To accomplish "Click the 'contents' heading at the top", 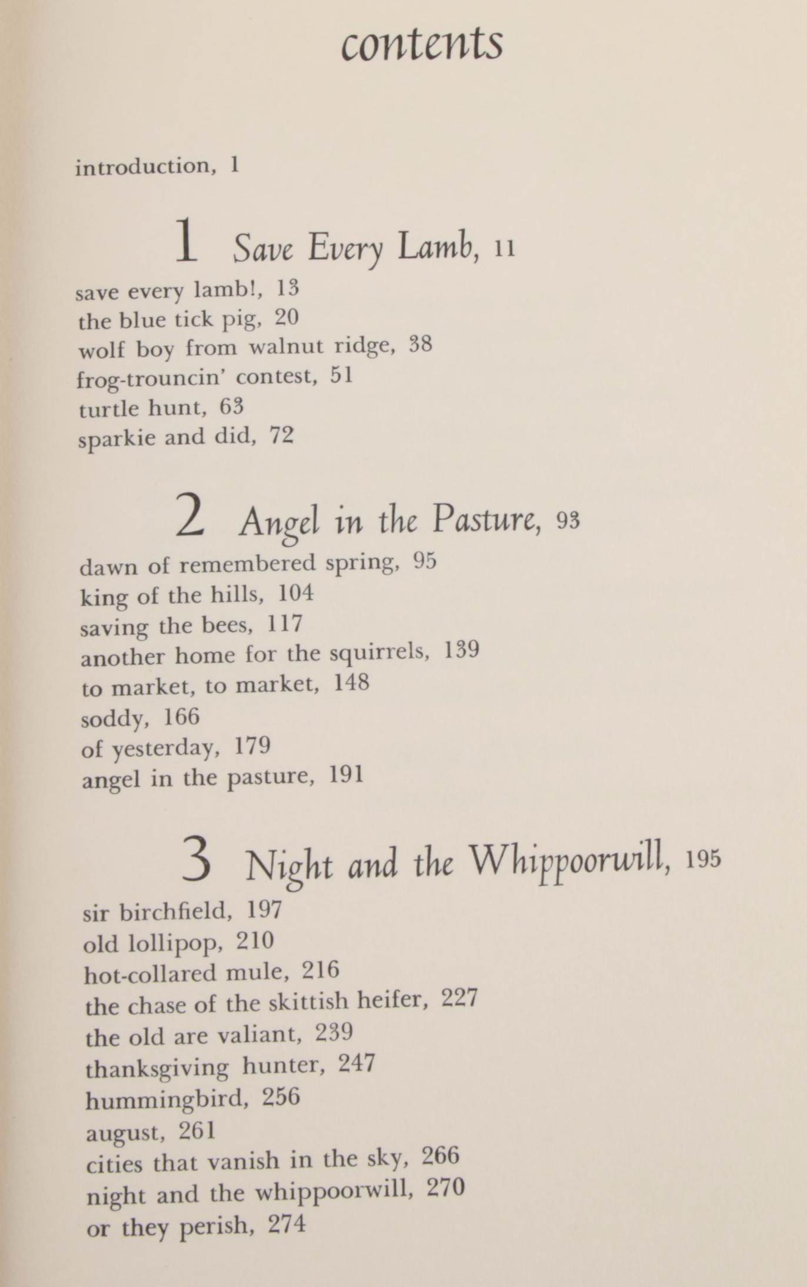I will [x=422, y=44].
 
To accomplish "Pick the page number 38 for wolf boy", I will [x=421, y=344].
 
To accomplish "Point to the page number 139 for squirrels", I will [x=462, y=650].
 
